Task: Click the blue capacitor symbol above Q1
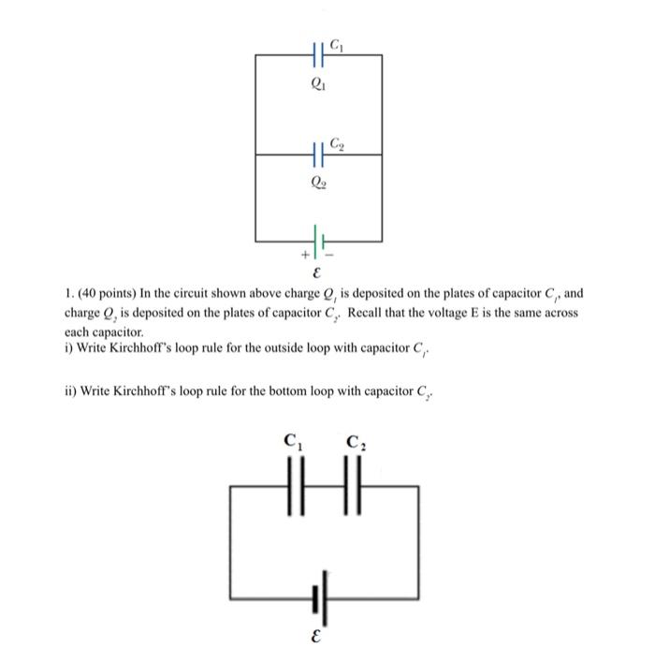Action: coord(318,55)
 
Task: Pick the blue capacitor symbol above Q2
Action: coord(318,155)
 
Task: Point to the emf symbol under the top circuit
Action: coord(319,275)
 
